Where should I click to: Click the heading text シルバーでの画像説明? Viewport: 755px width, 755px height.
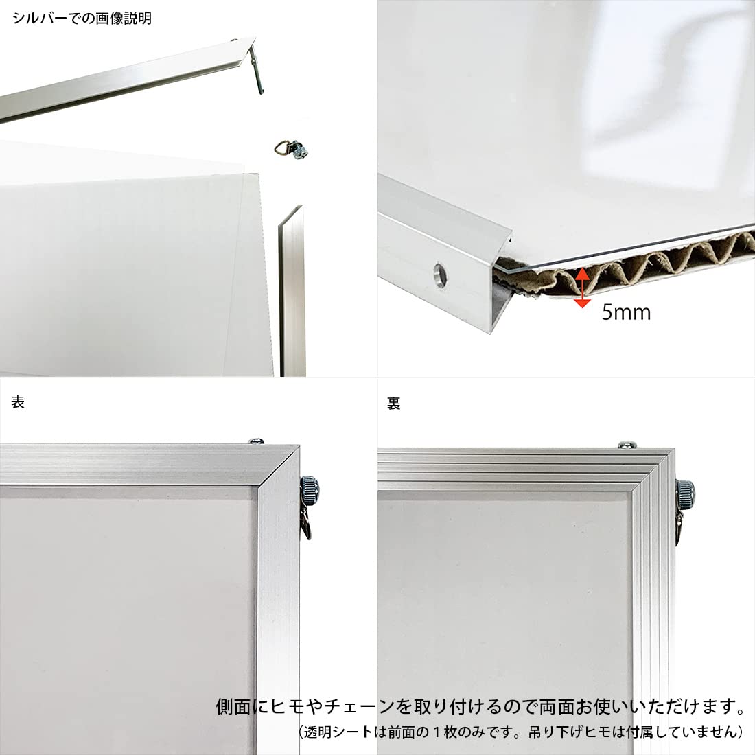click(82, 19)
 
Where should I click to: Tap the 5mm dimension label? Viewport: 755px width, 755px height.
click(626, 312)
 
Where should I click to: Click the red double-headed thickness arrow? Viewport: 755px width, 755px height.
click(583, 288)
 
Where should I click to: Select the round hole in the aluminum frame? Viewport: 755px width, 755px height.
click(439, 275)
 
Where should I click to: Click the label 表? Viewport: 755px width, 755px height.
click(18, 402)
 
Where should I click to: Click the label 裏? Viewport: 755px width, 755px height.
click(394, 403)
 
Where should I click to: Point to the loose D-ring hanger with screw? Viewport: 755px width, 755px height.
click(291, 149)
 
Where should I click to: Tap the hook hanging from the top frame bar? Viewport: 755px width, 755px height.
click(258, 70)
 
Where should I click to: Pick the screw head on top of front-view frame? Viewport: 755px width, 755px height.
click(256, 441)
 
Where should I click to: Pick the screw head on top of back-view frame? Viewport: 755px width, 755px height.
click(627, 444)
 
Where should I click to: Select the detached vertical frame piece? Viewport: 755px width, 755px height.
click(292, 291)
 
